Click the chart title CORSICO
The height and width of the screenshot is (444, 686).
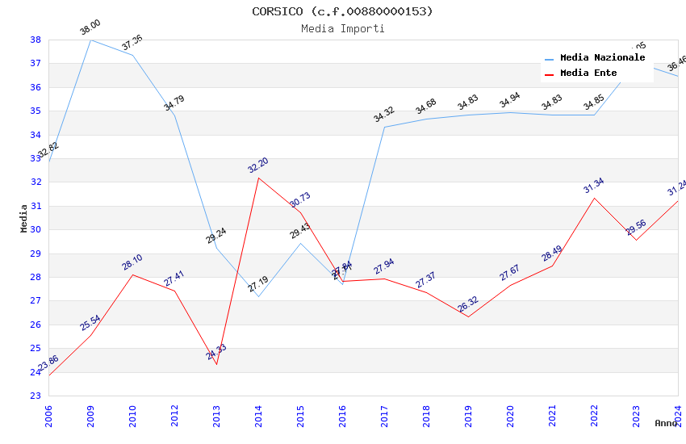click(x=342, y=11)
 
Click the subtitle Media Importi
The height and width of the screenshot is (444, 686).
click(x=342, y=28)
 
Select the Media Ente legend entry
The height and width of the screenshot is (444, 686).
click(x=588, y=73)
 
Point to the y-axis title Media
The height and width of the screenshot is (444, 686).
click(x=23, y=217)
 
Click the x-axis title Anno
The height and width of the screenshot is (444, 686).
click(x=666, y=423)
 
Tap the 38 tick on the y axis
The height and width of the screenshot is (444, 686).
click(x=36, y=40)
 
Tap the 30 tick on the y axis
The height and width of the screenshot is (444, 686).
click(x=36, y=229)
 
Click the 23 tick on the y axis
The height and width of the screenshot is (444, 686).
click(x=36, y=396)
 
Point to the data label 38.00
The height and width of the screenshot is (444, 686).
click(x=90, y=28)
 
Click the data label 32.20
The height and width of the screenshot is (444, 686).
click(x=258, y=165)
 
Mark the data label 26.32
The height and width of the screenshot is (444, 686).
click(x=468, y=304)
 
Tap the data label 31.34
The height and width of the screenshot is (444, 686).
click(x=594, y=186)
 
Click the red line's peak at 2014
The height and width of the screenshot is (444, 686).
click(x=258, y=178)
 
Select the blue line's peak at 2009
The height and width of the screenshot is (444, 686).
click(x=90, y=40)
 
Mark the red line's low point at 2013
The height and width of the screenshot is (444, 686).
click(x=216, y=364)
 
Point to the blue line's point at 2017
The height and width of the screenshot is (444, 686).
click(x=384, y=127)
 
